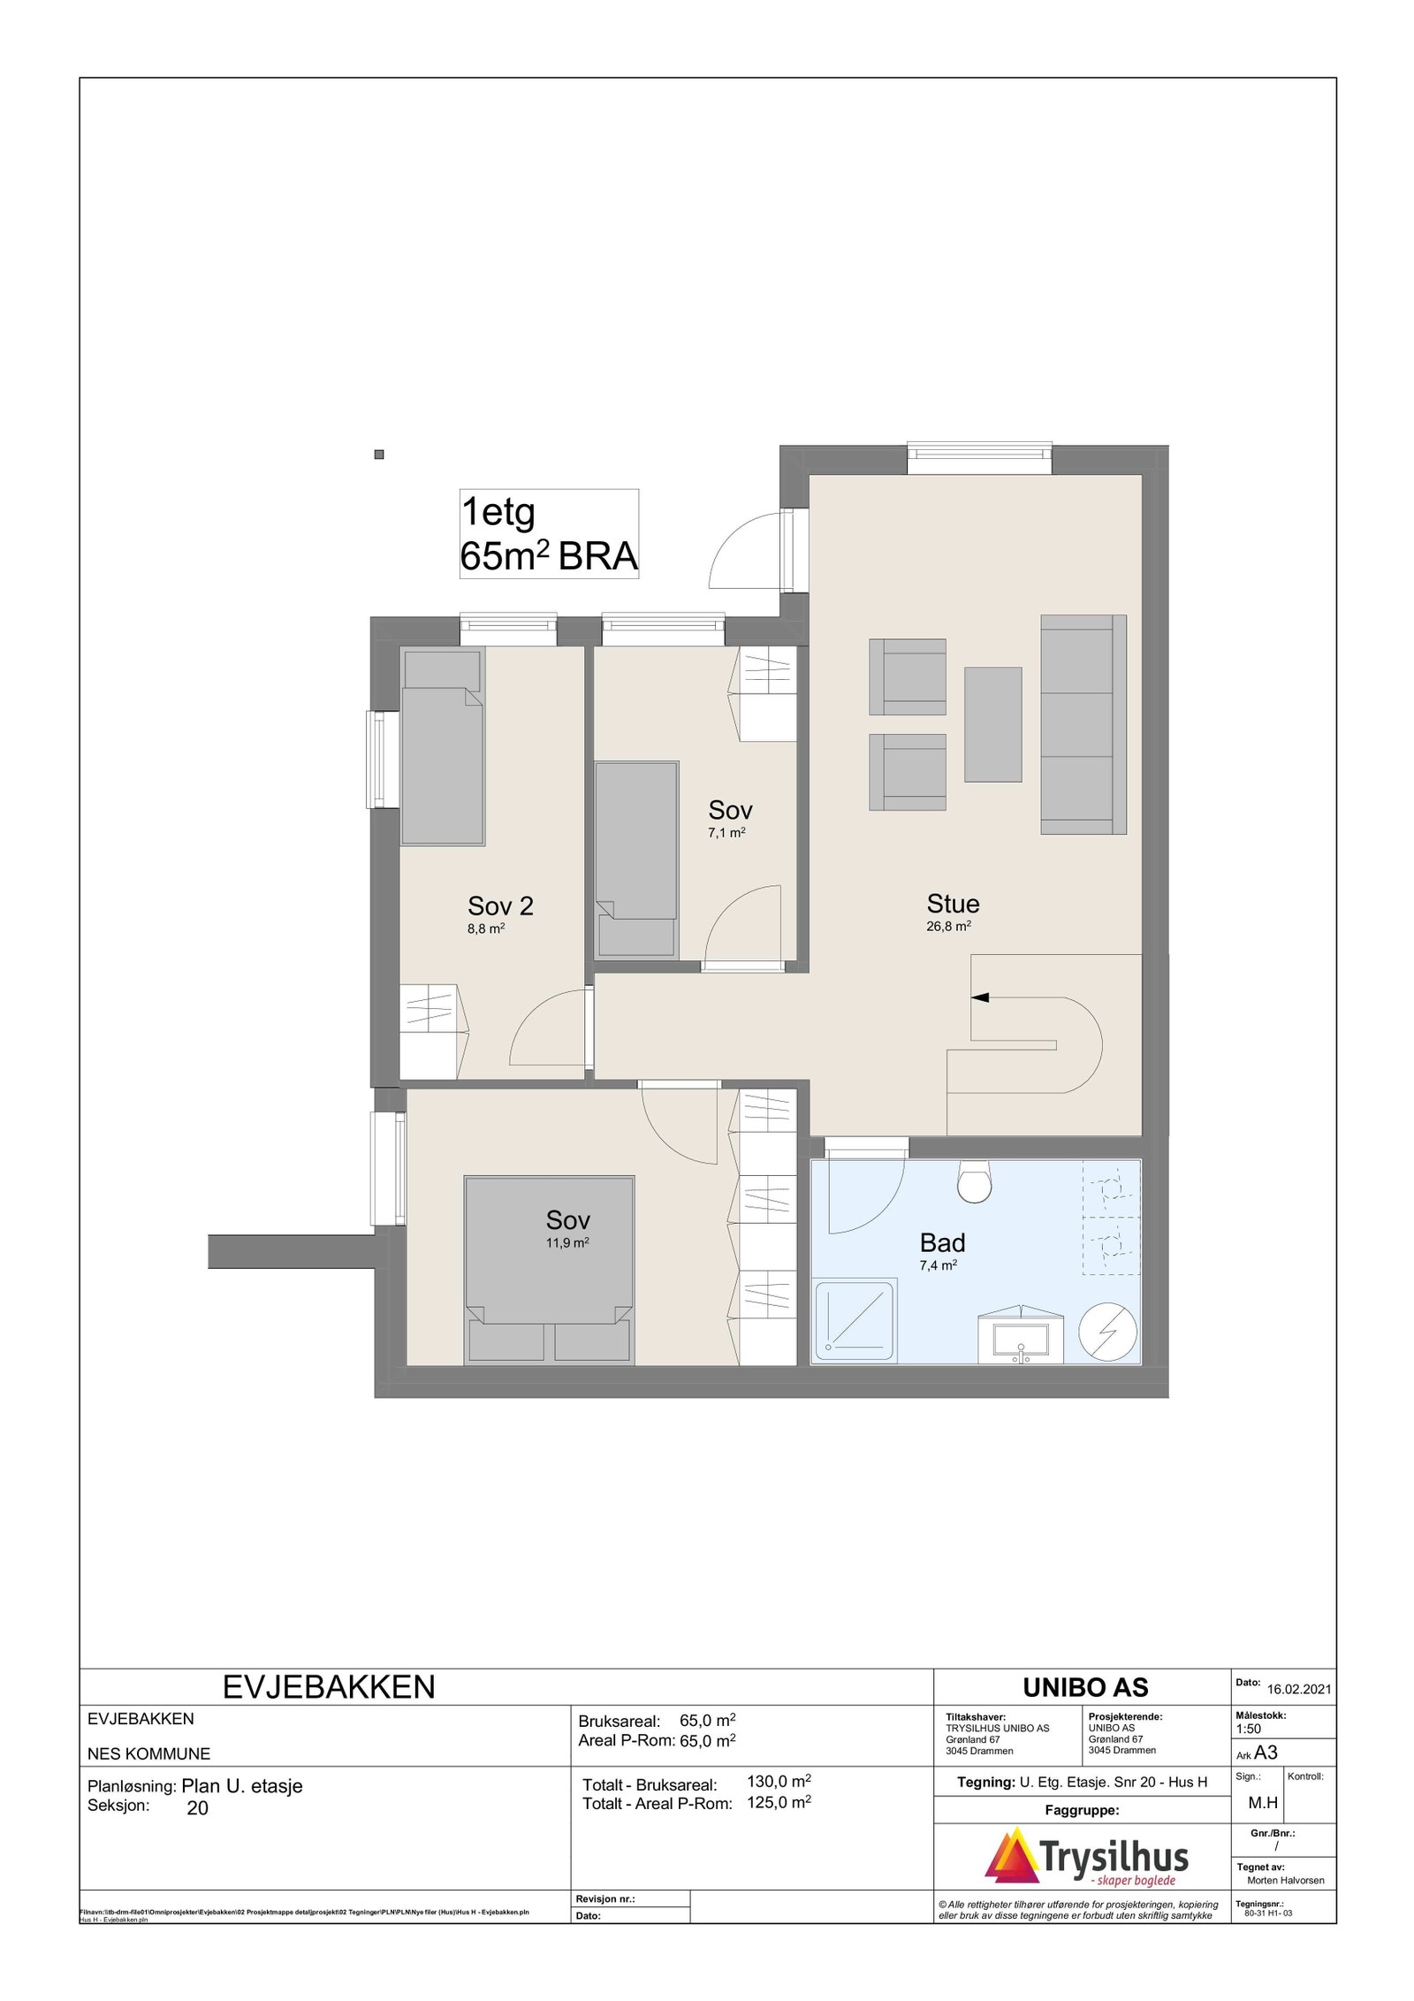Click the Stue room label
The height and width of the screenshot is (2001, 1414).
[952, 904]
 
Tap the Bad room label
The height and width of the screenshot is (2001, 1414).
[941, 1243]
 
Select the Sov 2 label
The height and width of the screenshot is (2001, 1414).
[500, 906]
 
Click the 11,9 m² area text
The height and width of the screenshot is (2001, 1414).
[567, 1242]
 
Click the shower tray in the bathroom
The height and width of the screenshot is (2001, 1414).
[853, 1322]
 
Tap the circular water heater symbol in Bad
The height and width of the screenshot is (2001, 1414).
[1108, 1332]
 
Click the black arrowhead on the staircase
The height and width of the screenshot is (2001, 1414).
[979, 997]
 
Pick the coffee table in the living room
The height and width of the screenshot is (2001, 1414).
[992, 724]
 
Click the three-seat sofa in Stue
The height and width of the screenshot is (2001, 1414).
[1083, 725]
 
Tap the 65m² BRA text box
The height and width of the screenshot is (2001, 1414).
[549, 534]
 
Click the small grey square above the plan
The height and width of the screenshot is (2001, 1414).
[379, 454]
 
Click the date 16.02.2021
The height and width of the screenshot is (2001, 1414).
[1298, 1689]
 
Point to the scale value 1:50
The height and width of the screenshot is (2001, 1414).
[1249, 1729]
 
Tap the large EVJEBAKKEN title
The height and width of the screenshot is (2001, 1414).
[329, 1687]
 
